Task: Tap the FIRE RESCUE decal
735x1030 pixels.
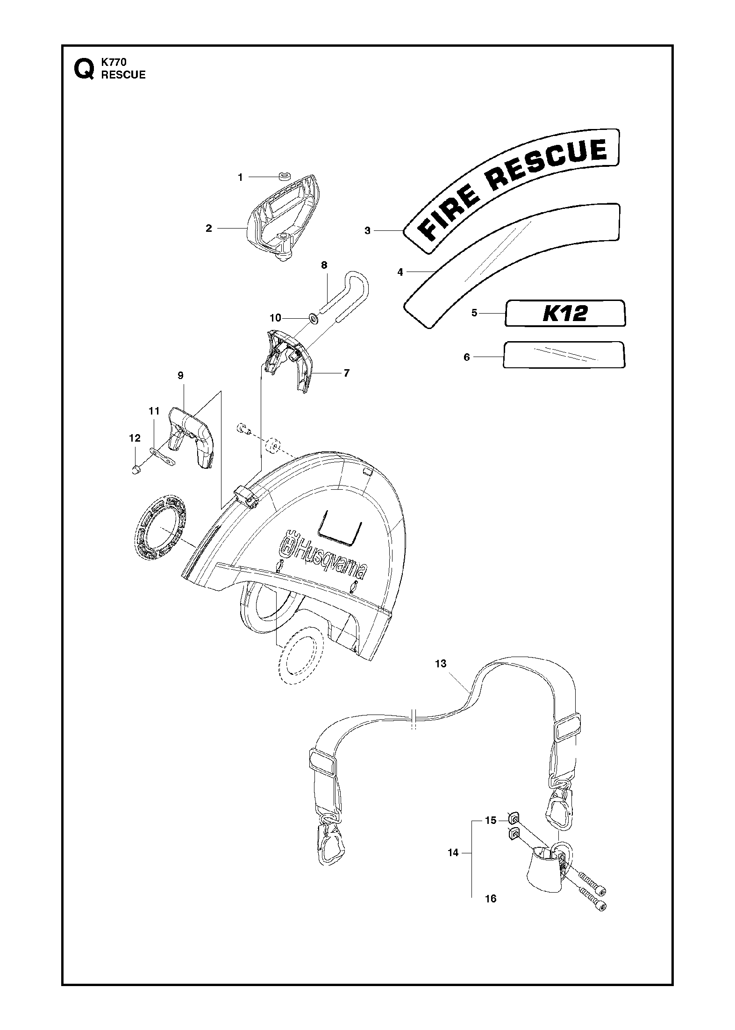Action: pos(511,191)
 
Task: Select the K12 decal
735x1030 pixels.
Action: pos(564,313)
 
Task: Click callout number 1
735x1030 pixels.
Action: pos(241,178)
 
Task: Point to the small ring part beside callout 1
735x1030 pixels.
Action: pos(285,177)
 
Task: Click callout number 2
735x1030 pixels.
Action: pos(209,228)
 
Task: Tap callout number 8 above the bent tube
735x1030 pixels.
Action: pos(324,265)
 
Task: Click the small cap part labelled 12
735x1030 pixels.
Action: pos(136,469)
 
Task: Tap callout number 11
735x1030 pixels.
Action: pos(154,411)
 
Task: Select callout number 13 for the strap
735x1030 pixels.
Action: pos(441,664)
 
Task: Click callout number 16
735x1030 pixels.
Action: pos(491,899)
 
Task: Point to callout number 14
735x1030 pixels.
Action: pos(453,852)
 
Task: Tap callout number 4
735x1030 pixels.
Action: pos(400,272)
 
